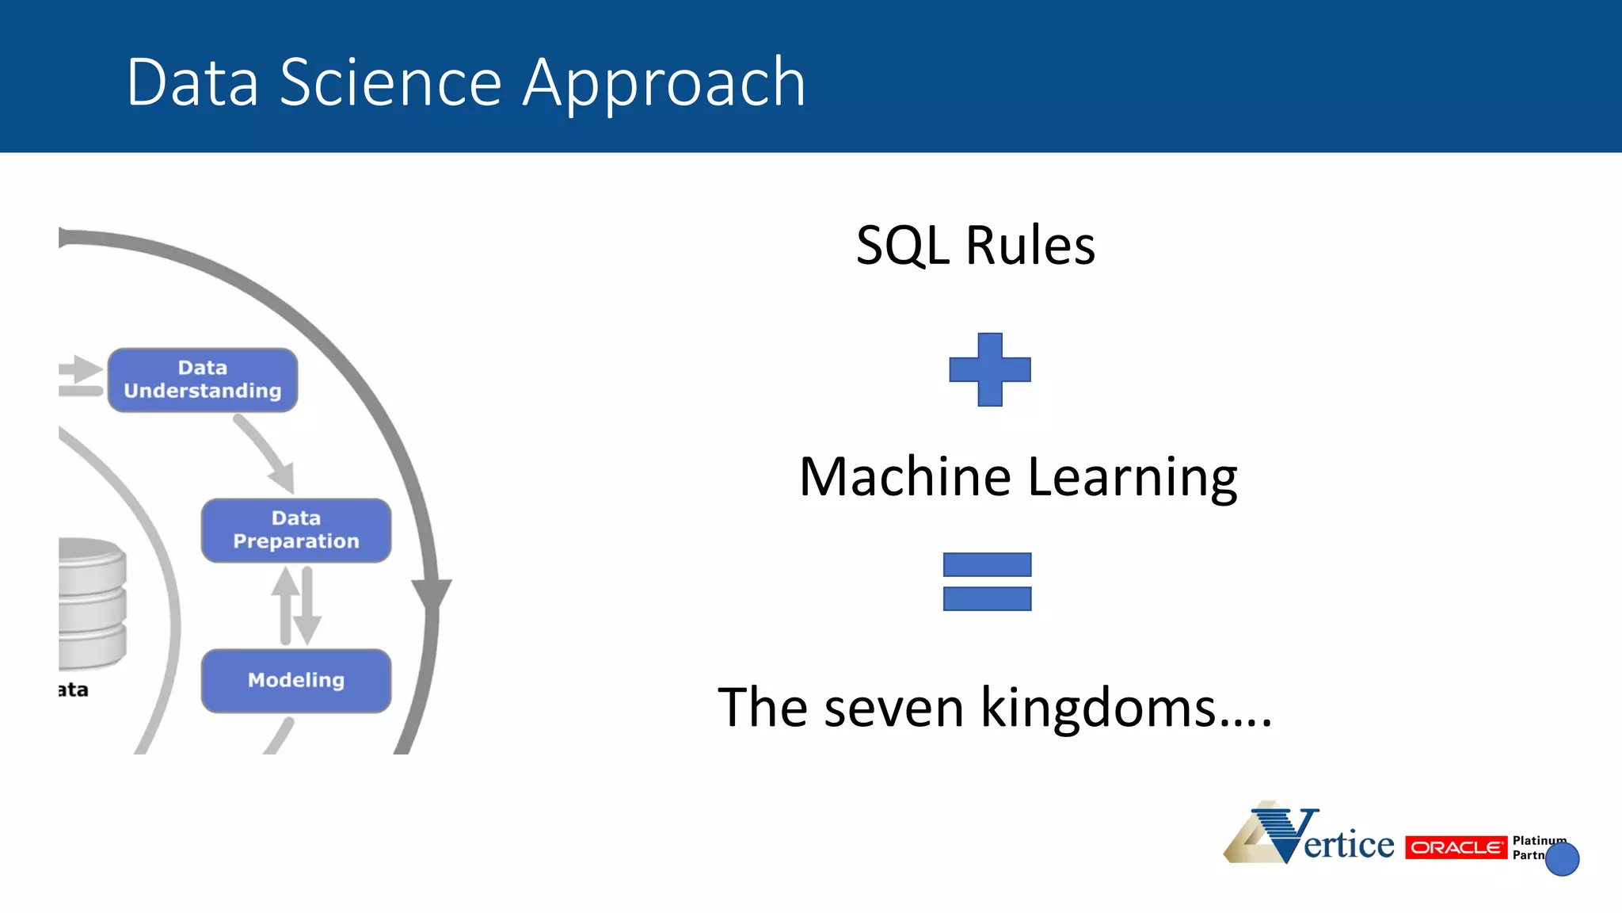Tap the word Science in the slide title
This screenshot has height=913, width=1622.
[x=390, y=82]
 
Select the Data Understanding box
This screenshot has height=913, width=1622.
[x=203, y=380]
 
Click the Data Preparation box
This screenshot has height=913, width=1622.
[x=296, y=530]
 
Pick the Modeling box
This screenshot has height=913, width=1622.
[x=296, y=681]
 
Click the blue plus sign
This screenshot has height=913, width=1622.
[x=990, y=370]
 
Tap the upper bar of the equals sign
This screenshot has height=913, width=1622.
[x=987, y=564]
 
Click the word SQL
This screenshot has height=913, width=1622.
[x=902, y=246]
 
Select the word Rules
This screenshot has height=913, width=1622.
[x=1030, y=246]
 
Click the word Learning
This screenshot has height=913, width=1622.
[x=1133, y=477]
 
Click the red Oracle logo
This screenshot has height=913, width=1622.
[x=1456, y=847]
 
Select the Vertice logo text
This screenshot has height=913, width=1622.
[x=1348, y=844]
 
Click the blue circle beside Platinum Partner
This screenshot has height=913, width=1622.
[x=1562, y=858]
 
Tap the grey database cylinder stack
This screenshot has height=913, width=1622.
[x=91, y=602]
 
